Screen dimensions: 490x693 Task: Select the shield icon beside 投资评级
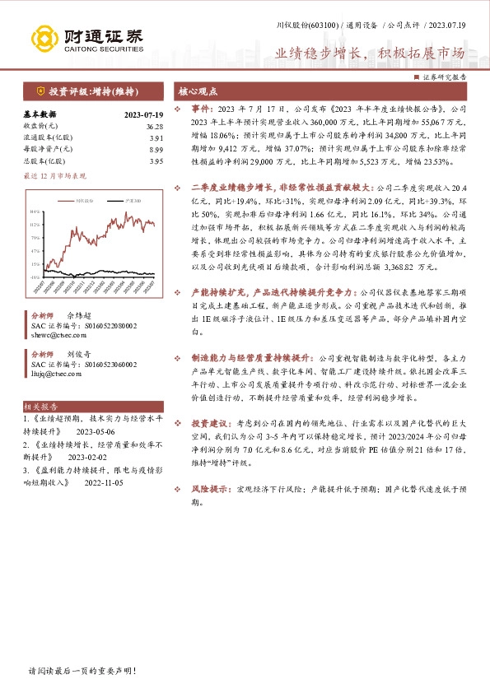point(40,92)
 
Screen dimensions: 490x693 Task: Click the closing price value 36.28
point(155,126)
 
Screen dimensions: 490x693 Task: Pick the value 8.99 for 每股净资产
point(156,149)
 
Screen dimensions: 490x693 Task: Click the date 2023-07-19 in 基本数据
point(143,114)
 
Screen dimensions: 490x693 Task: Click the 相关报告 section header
point(40,407)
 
